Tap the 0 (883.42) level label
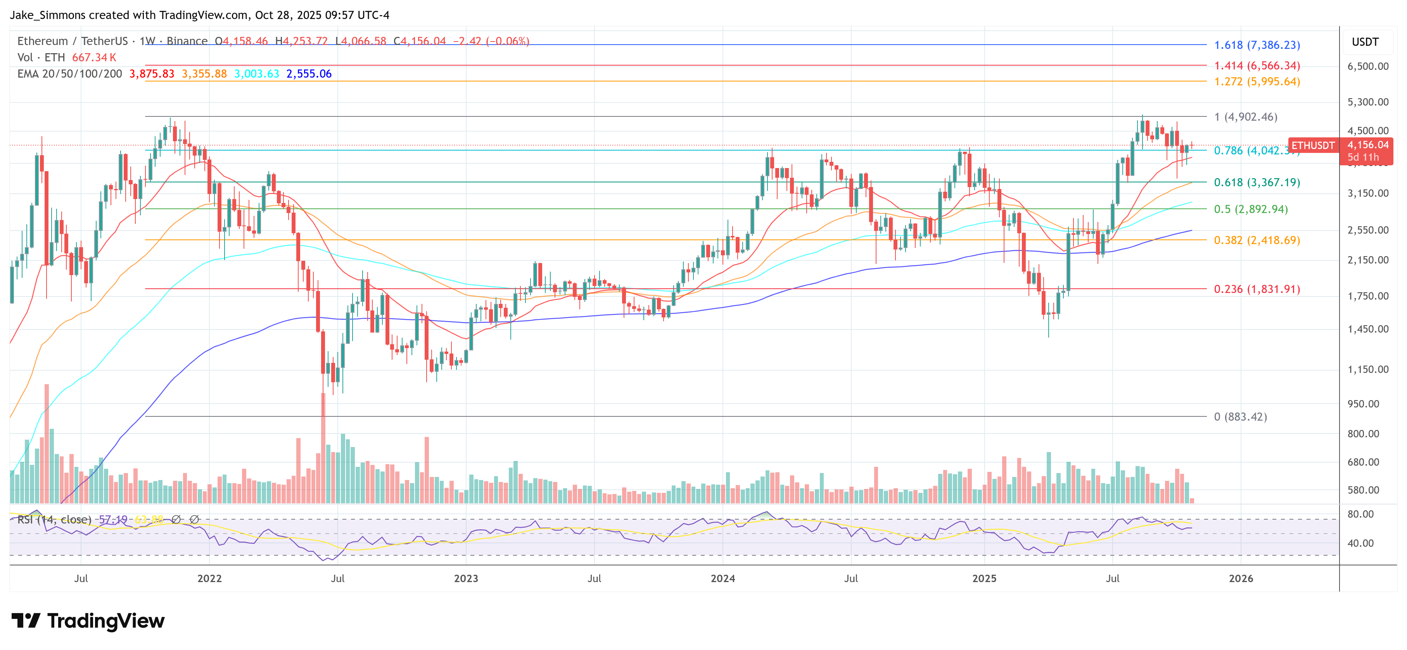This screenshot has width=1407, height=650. click(1240, 416)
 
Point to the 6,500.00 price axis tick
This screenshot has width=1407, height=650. click(1368, 66)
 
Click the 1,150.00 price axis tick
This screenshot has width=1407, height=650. click(1368, 369)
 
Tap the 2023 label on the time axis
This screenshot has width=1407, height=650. click(465, 578)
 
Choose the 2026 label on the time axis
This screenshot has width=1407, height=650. click(1240, 578)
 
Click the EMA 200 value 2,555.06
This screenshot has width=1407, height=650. click(309, 74)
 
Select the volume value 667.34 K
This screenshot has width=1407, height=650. click(94, 57)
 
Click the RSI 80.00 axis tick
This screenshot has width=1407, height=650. click(1360, 514)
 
